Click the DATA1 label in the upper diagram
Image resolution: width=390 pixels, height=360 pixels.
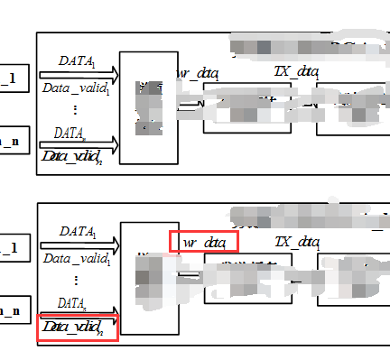[x=77, y=60]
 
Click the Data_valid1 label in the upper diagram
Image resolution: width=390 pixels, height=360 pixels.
[x=77, y=88]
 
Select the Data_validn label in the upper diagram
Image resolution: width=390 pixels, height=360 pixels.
[x=77, y=157]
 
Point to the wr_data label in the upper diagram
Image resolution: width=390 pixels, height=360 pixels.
[x=197, y=71]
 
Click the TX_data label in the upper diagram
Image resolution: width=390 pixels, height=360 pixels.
[x=296, y=71]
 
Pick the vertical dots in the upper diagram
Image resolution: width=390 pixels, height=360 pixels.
[x=75, y=109]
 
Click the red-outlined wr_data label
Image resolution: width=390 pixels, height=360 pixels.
[x=203, y=242]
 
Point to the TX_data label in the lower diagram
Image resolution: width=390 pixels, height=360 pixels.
[x=296, y=241]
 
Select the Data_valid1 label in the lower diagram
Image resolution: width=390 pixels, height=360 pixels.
[x=77, y=259]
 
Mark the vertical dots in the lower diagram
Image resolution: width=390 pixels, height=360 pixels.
[x=75, y=280]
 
